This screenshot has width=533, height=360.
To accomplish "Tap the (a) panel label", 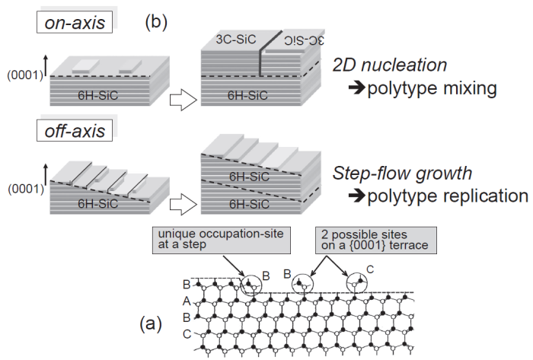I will [x=149, y=325].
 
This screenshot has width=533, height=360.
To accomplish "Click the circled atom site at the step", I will [x=251, y=284].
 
